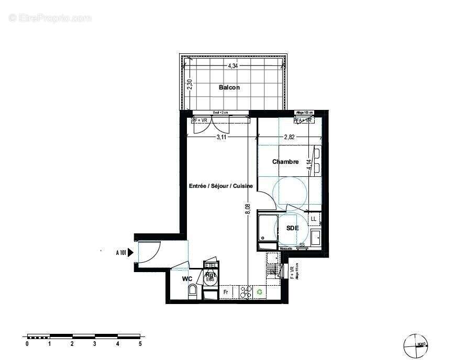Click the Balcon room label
(x=229, y=87)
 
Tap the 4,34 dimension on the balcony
(x=234, y=66)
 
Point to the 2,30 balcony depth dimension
(x=190, y=84)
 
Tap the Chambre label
(x=285, y=162)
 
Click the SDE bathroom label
(x=292, y=228)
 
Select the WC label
(x=187, y=279)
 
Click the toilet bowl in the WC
(x=193, y=292)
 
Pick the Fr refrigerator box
(x=226, y=292)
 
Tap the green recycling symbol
(x=259, y=292)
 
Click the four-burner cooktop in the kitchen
(x=245, y=292)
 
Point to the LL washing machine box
(x=314, y=218)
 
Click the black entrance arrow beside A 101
(x=131, y=253)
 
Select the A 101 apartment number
(x=120, y=253)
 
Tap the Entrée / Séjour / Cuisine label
(x=221, y=186)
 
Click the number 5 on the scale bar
(x=140, y=344)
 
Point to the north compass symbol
(x=416, y=345)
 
